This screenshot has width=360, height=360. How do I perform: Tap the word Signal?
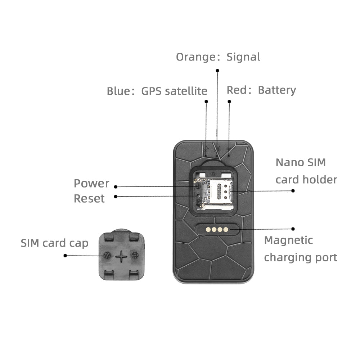[243, 57]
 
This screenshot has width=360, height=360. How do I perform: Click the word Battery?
[277, 90]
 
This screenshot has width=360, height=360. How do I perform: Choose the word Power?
[91, 183]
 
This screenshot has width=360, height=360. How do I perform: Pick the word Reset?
[89, 198]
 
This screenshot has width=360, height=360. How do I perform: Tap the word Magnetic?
[288, 240]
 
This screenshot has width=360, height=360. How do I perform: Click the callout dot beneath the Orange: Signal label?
[217, 71]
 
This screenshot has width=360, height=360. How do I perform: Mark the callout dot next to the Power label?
[116, 187]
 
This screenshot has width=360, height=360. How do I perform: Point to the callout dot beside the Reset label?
[116, 197]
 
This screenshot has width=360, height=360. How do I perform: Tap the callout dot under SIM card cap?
[65, 256]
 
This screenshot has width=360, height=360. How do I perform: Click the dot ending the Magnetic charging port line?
[293, 229]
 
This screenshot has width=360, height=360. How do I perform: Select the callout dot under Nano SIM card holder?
[293, 191]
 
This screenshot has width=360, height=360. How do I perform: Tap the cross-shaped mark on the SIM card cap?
[121, 256]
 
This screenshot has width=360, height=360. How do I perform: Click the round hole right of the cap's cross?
[135, 256]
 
